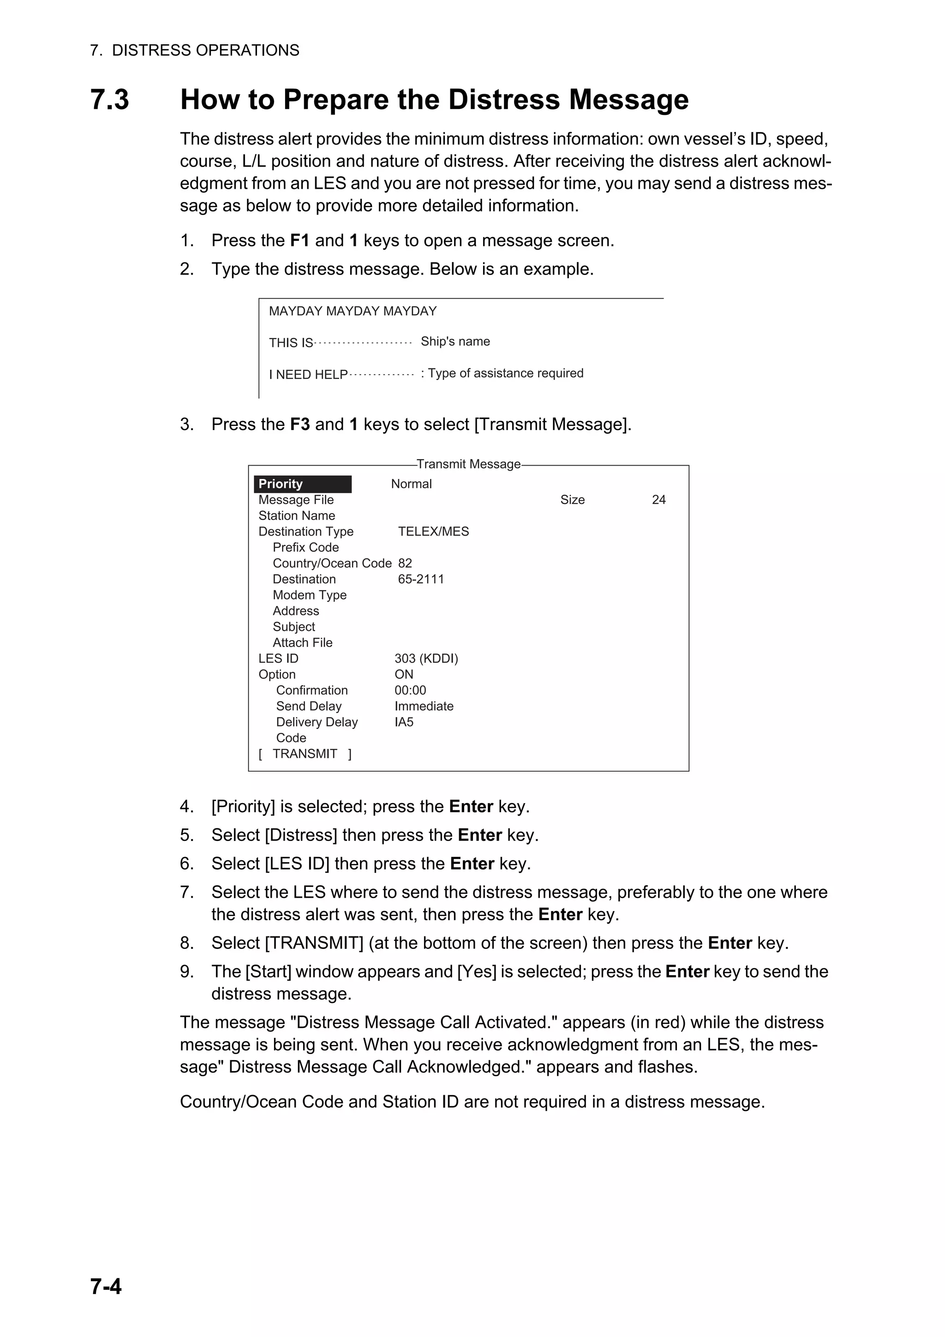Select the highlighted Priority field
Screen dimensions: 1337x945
click(x=302, y=484)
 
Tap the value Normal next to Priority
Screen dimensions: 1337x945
click(x=411, y=484)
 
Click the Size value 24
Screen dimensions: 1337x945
click(x=658, y=500)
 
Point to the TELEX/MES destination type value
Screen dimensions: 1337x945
click(x=433, y=532)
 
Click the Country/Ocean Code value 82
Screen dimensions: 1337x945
click(x=405, y=563)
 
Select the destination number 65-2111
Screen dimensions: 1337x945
click(x=420, y=579)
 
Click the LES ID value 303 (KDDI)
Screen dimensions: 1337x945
click(x=426, y=659)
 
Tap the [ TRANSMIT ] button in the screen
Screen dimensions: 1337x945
click(x=305, y=754)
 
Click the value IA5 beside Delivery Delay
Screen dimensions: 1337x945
click(x=403, y=722)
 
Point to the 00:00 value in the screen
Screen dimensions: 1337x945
click(x=410, y=690)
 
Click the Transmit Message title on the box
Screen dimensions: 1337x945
click(x=468, y=464)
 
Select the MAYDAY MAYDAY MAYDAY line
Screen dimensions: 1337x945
click(x=352, y=311)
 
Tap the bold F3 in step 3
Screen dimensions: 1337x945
click(x=299, y=424)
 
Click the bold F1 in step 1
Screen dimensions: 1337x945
click(x=299, y=240)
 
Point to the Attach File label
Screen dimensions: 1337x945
click(x=302, y=643)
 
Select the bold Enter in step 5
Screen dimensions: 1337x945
click(x=479, y=835)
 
